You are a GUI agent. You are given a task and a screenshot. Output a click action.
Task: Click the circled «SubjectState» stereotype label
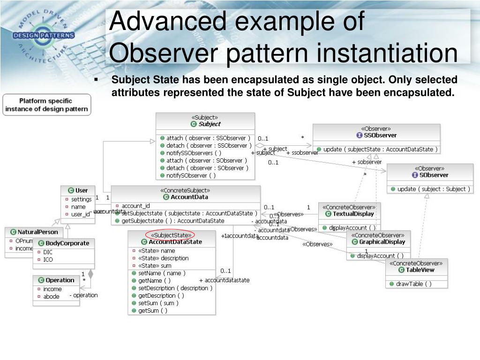(170, 235)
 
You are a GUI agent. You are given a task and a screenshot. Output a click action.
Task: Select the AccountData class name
(189, 197)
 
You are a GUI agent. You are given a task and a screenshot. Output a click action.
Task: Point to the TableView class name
(420, 270)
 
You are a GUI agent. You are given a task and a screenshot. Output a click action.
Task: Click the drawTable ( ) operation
(414, 284)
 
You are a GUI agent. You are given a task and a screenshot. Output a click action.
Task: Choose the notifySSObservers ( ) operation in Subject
(194, 153)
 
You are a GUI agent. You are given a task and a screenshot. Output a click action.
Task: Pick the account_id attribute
(135, 206)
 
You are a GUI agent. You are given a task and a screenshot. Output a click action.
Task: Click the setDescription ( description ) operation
(175, 288)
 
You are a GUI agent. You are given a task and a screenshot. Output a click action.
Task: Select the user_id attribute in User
(80, 214)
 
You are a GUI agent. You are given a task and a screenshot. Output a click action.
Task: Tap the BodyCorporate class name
(67, 243)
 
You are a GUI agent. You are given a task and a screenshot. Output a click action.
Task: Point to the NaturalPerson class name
(37, 232)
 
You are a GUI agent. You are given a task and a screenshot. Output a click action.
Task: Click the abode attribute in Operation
(52, 296)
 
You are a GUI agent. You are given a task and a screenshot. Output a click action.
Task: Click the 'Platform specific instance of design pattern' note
(46, 105)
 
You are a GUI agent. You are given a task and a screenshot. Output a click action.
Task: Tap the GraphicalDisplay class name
(382, 242)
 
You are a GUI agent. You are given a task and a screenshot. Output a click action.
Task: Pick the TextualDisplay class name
(352, 214)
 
